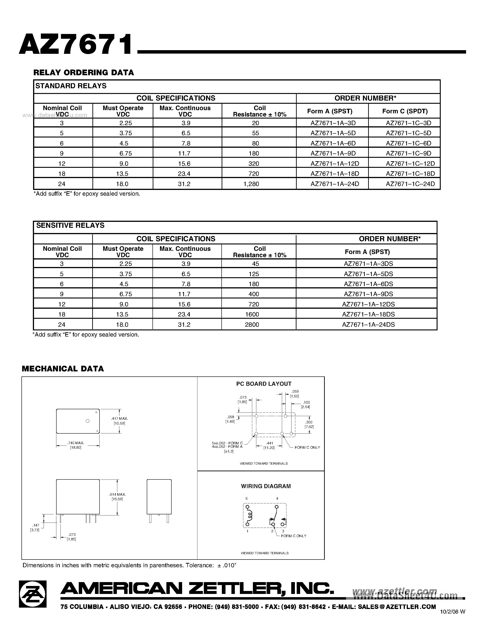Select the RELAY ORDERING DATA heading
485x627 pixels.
pos(84,73)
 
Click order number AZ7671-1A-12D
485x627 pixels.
pos(335,164)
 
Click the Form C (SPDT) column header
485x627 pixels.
pos(405,111)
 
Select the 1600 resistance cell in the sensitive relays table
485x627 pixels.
pos(252,314)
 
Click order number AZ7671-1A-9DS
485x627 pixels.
pos(368,294)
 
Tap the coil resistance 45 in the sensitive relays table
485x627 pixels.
pos(255,264)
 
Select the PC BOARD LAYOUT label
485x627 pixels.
pos(264,384)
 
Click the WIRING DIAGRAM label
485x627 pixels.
pos(266,486)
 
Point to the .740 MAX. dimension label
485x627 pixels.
pos(76,443)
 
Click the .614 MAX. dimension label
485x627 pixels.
pos(118,494)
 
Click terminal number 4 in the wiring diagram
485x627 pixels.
pos(277,499)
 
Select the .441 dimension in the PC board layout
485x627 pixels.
pos(270,443)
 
